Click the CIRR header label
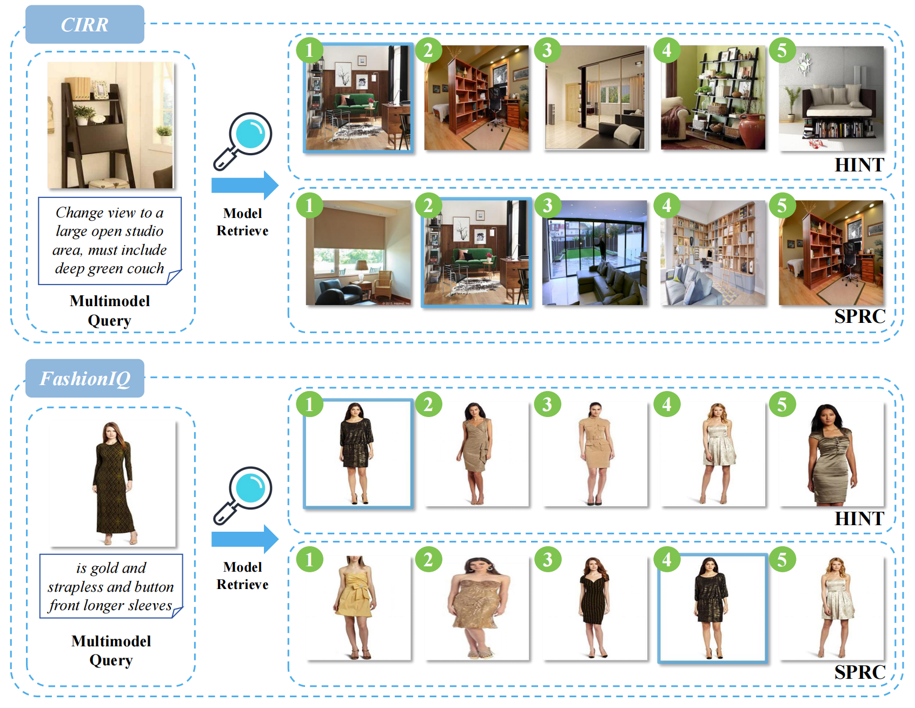(x=85, y=24)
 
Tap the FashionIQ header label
(x=85, y=378)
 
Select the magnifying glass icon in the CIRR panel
(x=243, y=141)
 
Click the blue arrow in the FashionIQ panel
(x=245, y=539)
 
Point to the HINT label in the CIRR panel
(x=859, y=165)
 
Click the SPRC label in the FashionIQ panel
(x=860, y=672)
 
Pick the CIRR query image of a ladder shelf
(x=110, y=125)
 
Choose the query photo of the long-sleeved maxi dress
(x=112, y=483)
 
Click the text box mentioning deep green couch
(x=110, y=241)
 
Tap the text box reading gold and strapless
(x=111, y=586)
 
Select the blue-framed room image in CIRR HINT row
(x=358, y=97)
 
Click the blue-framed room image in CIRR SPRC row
(x=476, y=253)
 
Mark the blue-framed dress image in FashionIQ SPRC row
(x=713, y=608)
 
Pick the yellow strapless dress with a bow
(x=357, y=608)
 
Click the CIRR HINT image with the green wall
(x=713, y=97)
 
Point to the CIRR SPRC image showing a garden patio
(x=595, y=253)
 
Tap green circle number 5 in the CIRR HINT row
(x=782, y=50)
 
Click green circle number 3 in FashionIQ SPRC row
(x=547, y=559)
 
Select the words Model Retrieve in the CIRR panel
(x=242, y=222)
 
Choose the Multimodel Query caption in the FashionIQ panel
(x=111, y=651)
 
